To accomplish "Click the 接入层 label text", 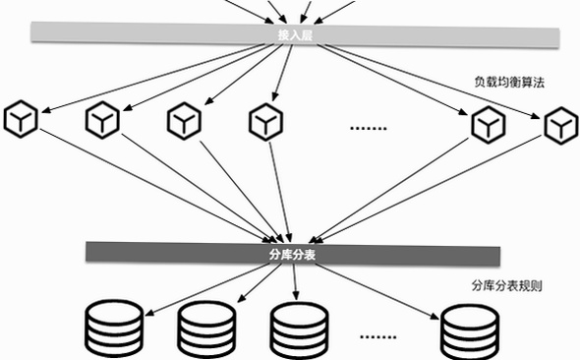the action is click(295, 35).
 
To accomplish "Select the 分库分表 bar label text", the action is click(292, 255).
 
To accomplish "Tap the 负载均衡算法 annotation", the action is click(509, 83).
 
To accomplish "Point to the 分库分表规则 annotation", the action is click(506, 285).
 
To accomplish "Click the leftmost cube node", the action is click(21, 119).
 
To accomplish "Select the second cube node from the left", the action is click(102, 120).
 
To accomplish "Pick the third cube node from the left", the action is click(184, 121).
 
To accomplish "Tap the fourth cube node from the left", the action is click(266, 122).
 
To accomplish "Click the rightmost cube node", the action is click(561, 126).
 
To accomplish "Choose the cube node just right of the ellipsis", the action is click(489, 124).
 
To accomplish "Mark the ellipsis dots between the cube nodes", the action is click(368, 129).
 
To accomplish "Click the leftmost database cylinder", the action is click(114, 329).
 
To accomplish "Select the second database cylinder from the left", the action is click(206, 330).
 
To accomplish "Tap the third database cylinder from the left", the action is click(299, 330).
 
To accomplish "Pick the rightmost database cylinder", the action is click(470, 332).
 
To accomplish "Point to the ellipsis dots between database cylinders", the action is click(378, 337).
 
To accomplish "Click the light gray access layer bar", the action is click(295, 35).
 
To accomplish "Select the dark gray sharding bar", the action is click(293, 255).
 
